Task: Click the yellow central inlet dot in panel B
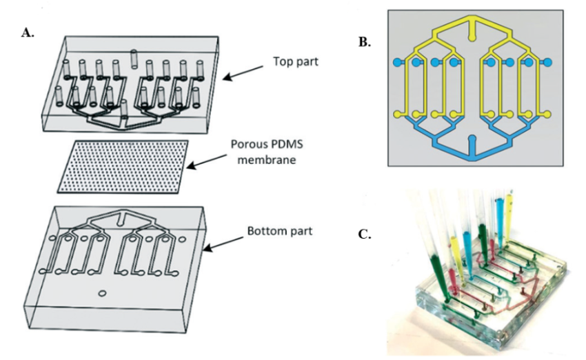(x=472, y=32)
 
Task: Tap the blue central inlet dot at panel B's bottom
(x=472, y=140)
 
